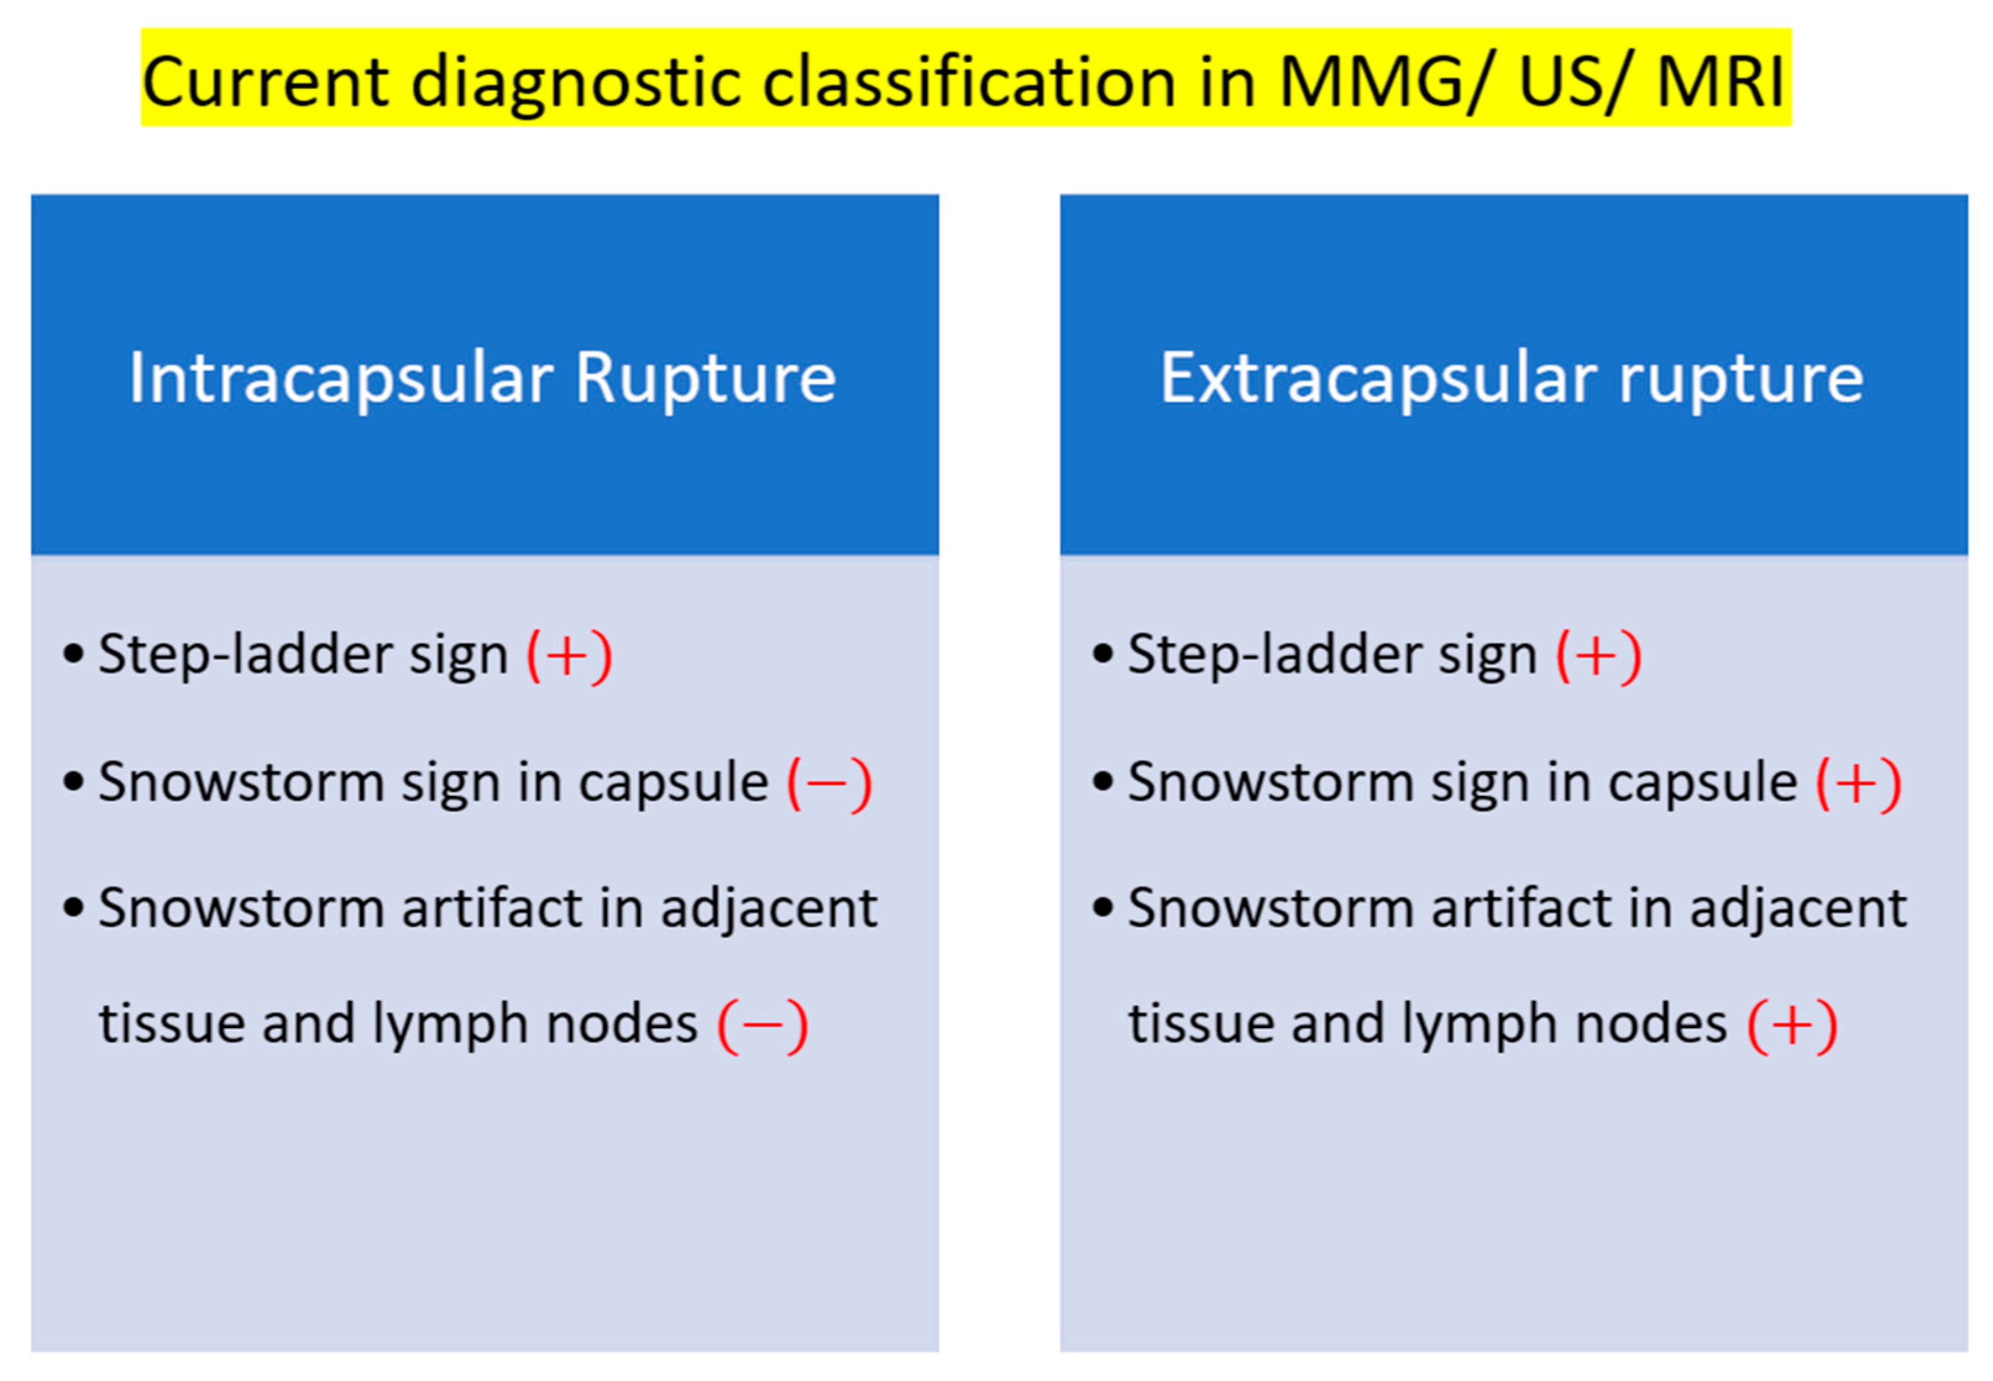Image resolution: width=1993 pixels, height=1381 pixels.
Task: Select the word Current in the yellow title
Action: [x=266, y=80]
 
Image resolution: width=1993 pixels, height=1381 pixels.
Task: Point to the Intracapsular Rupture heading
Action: [x=483, y=378]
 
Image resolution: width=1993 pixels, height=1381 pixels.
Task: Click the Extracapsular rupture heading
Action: [x=1511, y=378]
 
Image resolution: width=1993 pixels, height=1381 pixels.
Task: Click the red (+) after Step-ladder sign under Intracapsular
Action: [x=569, y=655]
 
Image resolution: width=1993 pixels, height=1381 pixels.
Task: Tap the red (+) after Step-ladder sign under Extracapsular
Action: [x=1598, y=655]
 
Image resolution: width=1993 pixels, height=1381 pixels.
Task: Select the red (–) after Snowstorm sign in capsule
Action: [x=828, y=783]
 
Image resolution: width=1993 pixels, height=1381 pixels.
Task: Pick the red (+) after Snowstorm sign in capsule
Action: [x=1858, y=783]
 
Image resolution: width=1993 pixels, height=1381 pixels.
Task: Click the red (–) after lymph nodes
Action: [x=763, y=1025]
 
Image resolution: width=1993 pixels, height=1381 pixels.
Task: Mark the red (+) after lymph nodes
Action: [x=1792, y=1025]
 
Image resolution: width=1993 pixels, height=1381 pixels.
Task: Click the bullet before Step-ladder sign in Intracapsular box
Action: [x=74, y=654]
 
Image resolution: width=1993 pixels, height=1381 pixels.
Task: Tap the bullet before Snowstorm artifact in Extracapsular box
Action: [x=1102, y=908]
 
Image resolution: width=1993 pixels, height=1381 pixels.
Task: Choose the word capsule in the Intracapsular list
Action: [x=673, y=783]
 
